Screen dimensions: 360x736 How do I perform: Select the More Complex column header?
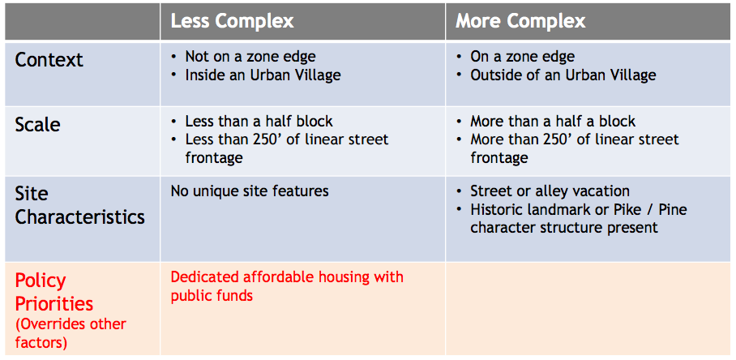520,21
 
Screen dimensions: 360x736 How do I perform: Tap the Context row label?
49,60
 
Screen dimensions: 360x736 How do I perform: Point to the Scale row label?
37,125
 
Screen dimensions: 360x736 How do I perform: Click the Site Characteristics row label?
79,206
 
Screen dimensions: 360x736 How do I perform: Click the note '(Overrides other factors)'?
71,332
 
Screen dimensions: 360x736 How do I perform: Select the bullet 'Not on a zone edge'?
250,57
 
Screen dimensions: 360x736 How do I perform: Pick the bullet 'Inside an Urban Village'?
263,75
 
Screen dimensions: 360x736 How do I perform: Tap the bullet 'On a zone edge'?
522,57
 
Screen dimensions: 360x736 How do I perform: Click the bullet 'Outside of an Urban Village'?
563,75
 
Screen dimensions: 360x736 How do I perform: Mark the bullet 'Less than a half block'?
259,122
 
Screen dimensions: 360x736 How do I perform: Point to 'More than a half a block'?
553,122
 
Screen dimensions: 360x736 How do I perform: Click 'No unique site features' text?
250,191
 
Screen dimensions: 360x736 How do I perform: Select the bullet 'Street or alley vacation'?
550,191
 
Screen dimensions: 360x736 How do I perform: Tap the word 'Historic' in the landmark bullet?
498,210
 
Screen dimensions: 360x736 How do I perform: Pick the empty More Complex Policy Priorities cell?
588,308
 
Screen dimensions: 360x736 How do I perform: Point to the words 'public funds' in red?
212,296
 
